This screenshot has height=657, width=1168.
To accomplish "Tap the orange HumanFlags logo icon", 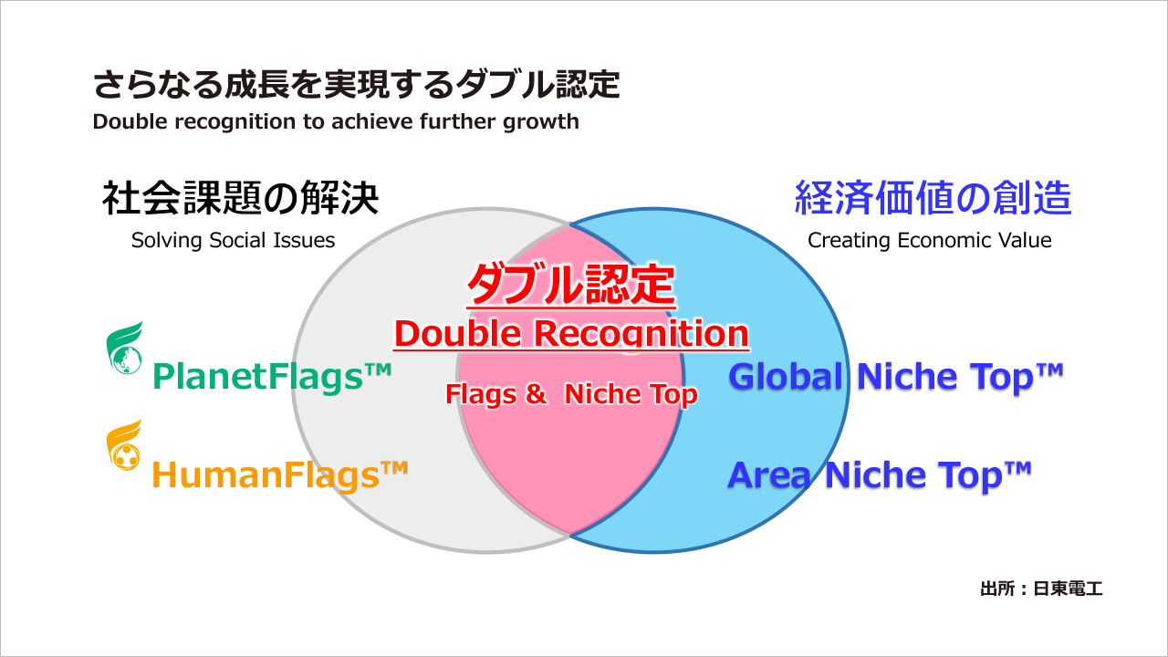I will pyautogui.click(x=125, y=446).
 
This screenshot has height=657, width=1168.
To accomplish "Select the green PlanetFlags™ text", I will pyautogui.click(x=271, y=375).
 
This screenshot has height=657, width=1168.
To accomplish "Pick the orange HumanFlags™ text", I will pyautogui.click(x=278, y=474).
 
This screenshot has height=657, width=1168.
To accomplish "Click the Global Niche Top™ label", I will pyautogui.click(x=896, y=376).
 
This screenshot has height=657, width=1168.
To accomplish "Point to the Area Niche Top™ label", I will pyautogui.click(x=879, y=474).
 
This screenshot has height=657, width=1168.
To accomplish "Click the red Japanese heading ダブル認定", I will pyautogui.click(x=570, y=287).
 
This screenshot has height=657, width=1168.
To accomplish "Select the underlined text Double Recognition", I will pyautogui.click(x=570, y=334).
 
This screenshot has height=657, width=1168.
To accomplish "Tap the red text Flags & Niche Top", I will pyautogui.click(x=570, y=394).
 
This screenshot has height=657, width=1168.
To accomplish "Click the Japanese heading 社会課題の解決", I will pyautogui.click(x=240, y=198).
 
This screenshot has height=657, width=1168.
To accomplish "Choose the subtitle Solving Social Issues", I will pyautogui.click(x=233, y=241).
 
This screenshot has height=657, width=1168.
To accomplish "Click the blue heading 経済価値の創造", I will pyautogui.click(x=933, y=198).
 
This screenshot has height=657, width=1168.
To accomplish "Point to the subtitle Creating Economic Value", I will pyautogui.click(x=929, y=241).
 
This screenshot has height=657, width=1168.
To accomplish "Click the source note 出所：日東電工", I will pyautogui.click(x=1041, y=589).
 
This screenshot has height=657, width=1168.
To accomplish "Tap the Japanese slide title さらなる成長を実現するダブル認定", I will pyautogui.click(x=356, y=85).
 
